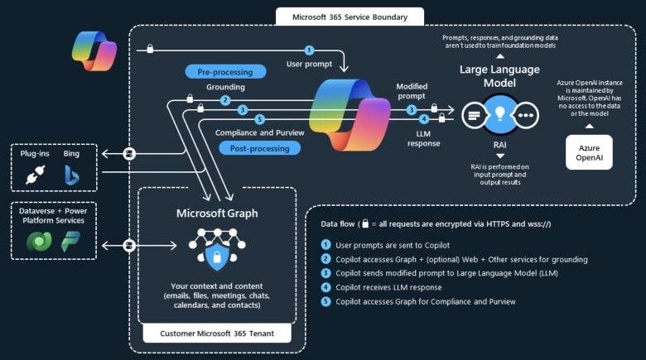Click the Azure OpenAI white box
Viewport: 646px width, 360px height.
[x=589, y=152]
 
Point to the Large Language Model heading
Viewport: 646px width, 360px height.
[x=499, y=76]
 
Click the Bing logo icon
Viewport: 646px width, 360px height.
[x=72, y=175]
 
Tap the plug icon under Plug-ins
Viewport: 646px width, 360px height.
[x=33, y=175]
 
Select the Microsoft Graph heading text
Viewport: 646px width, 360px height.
[x=217, y=213]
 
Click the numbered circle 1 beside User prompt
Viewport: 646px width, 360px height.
[x=310, y=50]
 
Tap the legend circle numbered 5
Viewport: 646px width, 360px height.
[x=326, y=301]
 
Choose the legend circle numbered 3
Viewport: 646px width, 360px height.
[x=326, y=273]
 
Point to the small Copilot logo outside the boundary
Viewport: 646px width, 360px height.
[x=94, y=50]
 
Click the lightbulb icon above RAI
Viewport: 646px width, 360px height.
[x=500, y=114]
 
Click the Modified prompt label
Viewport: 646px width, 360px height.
[x=412, y=91]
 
